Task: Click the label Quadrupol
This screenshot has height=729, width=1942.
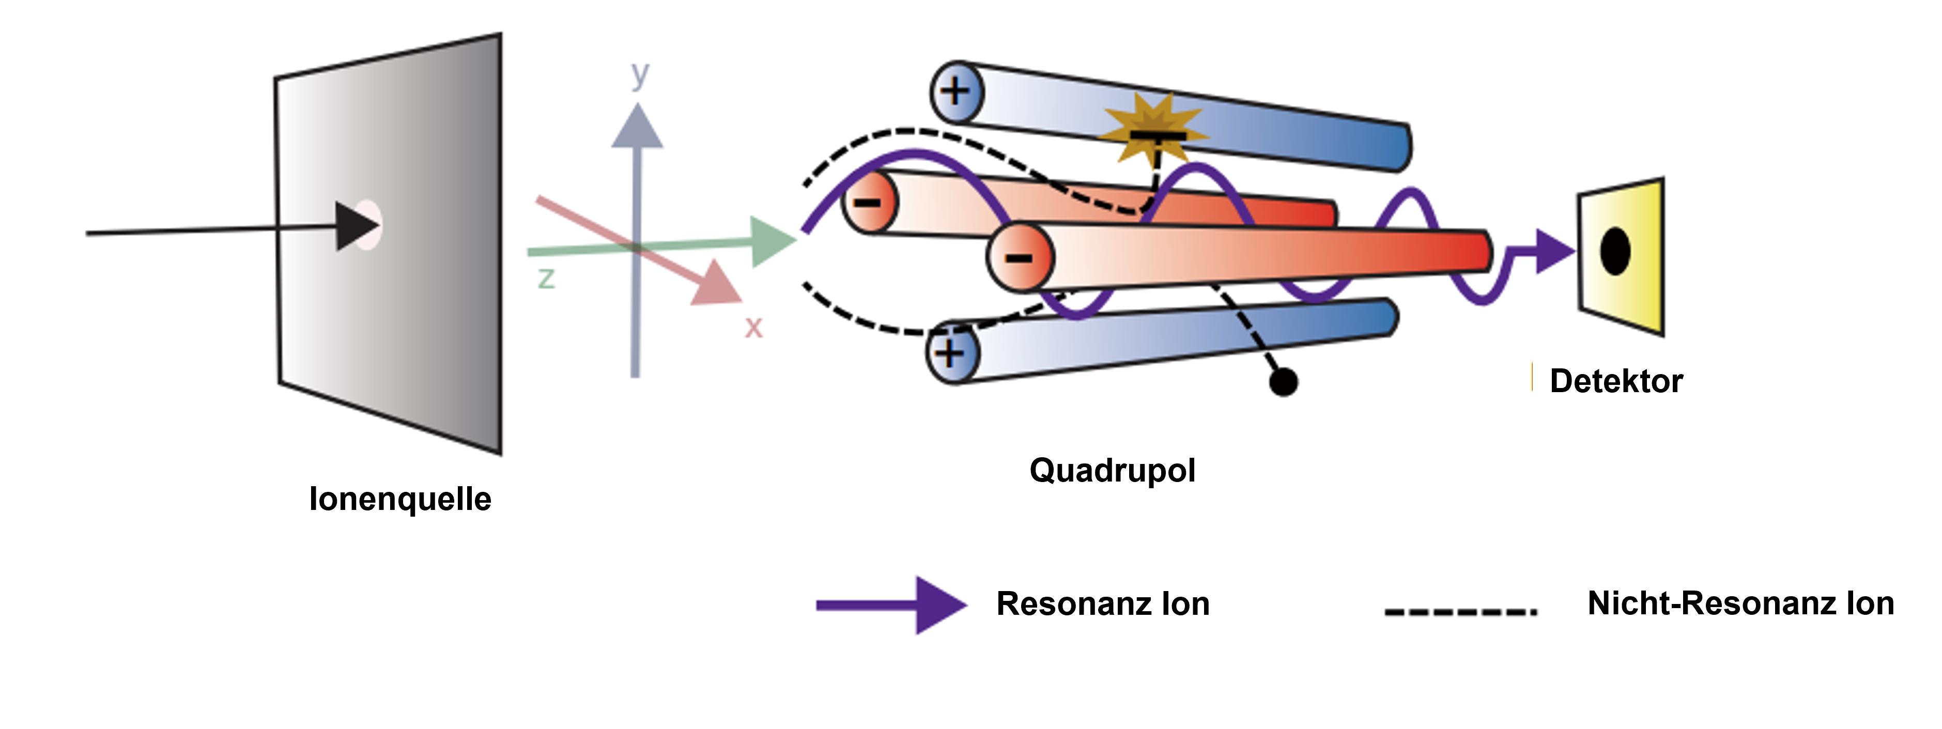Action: click(x=1112, y=471)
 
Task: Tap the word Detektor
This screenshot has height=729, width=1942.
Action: click(x=1615, y=381)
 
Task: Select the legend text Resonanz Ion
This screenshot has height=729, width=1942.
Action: click(x=1103, y=604)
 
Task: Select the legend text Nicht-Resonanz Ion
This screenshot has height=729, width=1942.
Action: click(x=1740, y=603)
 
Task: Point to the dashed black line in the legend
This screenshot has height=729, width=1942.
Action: click(x=1460, y=611)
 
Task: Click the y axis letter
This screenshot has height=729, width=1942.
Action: click(x=640, y=75)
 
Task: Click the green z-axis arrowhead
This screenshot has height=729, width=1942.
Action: click(x=773, y=242)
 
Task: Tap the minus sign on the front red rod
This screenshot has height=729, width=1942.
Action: click(x=1019, y=258)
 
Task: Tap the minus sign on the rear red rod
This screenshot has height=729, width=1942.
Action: click(x=868, y=202)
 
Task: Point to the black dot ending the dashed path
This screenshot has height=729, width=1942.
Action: click(x=1283, y=381)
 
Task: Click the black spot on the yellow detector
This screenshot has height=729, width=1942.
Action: click(x=1615, y=252)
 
